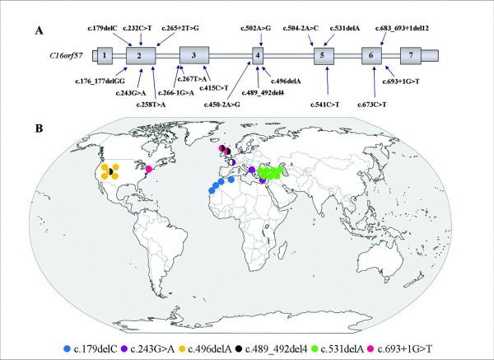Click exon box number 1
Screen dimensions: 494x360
(x=105, y=55)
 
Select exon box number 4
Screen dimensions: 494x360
(x=259, y=55)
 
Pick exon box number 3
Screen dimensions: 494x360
(x=193, y=55)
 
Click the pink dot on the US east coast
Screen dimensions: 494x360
(x=149, y=170)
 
